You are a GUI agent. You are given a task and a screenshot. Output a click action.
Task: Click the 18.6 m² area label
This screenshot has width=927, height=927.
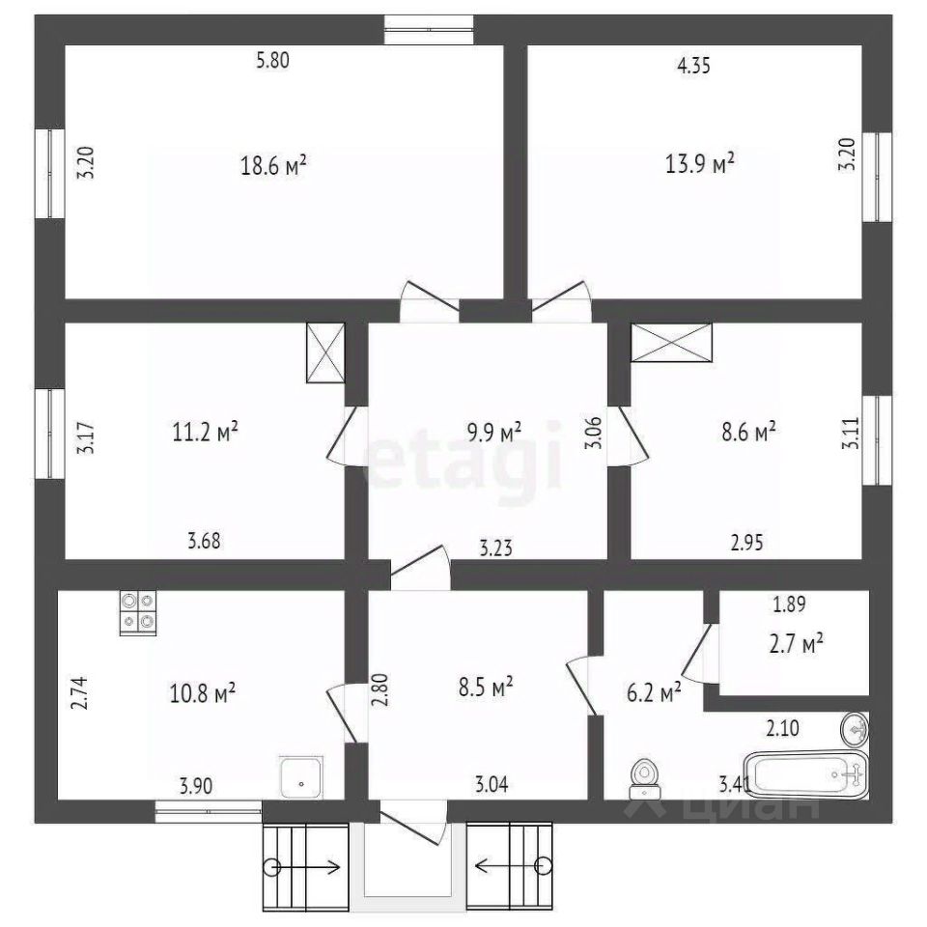[273, 165]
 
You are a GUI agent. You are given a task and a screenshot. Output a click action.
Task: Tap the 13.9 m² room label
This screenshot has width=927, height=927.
[700, 163]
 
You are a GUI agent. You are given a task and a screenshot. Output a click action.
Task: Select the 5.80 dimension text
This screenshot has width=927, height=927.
[272, 60]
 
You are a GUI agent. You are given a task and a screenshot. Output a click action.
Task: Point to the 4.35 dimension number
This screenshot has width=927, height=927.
[693, 65]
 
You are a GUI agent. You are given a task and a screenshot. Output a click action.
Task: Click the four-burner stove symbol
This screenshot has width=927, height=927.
[138, 612]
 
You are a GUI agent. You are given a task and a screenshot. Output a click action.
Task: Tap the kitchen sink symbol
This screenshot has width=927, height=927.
[301, 777]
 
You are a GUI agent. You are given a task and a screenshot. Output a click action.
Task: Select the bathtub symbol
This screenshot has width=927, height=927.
[805, 773]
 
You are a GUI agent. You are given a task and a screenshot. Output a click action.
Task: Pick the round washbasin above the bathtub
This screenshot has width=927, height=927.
[855, 730]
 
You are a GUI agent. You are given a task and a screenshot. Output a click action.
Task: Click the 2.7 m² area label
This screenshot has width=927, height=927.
[797, 644]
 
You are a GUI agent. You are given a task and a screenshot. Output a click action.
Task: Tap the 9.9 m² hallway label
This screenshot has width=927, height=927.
[494, 433]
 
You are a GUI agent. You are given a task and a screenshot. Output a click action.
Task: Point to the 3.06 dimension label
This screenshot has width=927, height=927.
[594, 433]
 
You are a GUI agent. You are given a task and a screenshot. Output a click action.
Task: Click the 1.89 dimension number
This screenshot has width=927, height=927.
[789, 604]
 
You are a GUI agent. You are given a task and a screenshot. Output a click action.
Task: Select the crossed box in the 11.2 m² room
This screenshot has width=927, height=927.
[325, 352]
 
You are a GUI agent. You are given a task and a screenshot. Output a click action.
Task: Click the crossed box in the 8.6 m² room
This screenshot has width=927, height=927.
[672, 342]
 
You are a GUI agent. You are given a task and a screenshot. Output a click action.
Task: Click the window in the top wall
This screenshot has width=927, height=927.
[429, 30]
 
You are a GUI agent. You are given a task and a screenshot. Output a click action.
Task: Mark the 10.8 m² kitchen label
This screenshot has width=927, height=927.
[203, 693]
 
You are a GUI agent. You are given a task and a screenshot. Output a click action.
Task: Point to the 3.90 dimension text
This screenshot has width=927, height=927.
[196, 786]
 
